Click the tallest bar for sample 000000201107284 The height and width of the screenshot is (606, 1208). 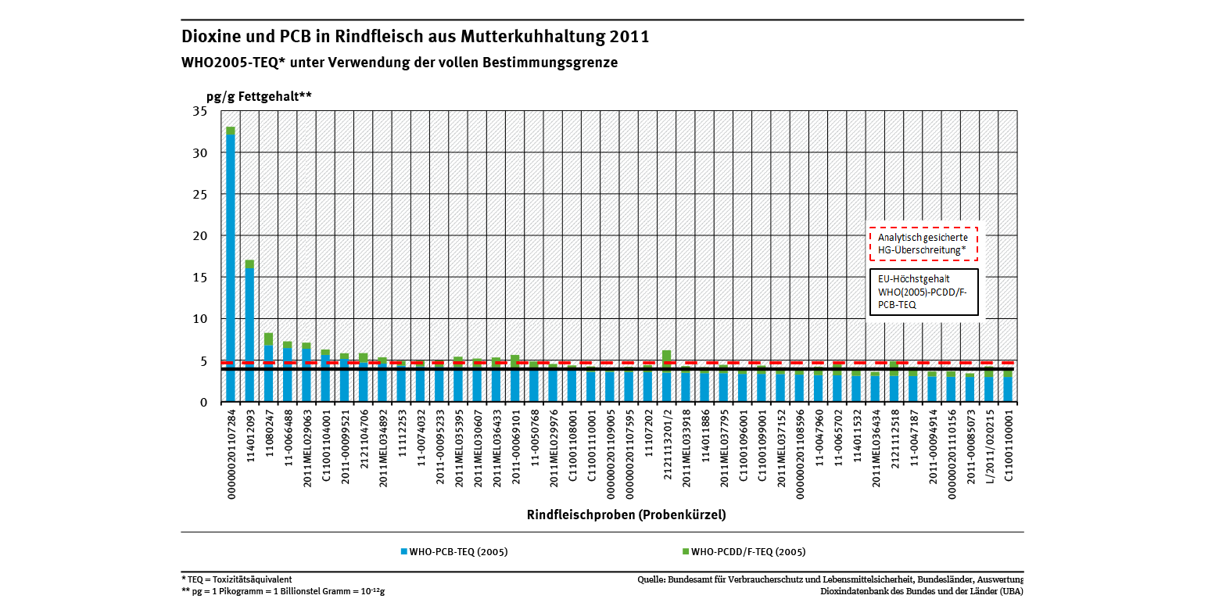click(x=231, y=266)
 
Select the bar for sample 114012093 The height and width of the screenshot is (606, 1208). click(x=249, y=332)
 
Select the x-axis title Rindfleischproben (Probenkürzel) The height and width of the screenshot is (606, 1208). click(x=626, y=514)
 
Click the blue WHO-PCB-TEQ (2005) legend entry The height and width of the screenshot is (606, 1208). click(x=454, y=551)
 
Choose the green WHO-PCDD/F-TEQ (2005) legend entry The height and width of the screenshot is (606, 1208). click(x=743, y=551)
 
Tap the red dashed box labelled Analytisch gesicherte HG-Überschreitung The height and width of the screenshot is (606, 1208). click(x=923, y=243)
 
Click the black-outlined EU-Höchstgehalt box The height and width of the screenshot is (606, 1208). click(x=923, y=292)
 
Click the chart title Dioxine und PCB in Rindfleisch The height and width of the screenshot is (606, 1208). click(x=415, y=37)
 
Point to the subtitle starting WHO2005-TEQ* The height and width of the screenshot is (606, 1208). click(x=400, y=63)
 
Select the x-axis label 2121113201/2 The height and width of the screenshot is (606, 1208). click(x=667, y=446)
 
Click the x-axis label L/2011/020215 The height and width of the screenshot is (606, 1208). click(x=989, y=446)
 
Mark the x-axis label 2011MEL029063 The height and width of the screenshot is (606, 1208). click(x=306, y=446)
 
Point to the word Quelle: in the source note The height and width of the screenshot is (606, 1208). click(x=652, y=579)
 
